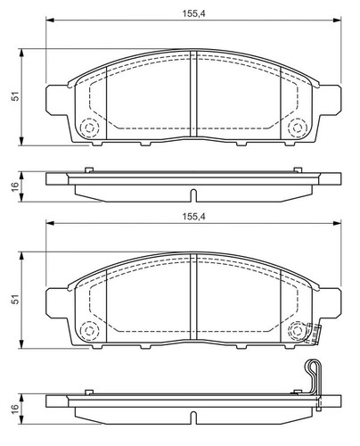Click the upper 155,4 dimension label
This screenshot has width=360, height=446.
[x=193, y=13]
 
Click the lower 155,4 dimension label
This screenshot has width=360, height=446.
[x=193, y=217]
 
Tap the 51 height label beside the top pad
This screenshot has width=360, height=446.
[x=15, y=96]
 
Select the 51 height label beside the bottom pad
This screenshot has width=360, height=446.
[x=15, y=299]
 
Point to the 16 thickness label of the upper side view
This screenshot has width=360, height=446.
[x=15, y=186]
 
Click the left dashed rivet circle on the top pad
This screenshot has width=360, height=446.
[x=89, y=128]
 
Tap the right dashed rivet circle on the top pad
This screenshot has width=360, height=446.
[x=297, y=128]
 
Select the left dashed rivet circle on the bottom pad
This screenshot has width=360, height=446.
[x=89, y=331]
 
